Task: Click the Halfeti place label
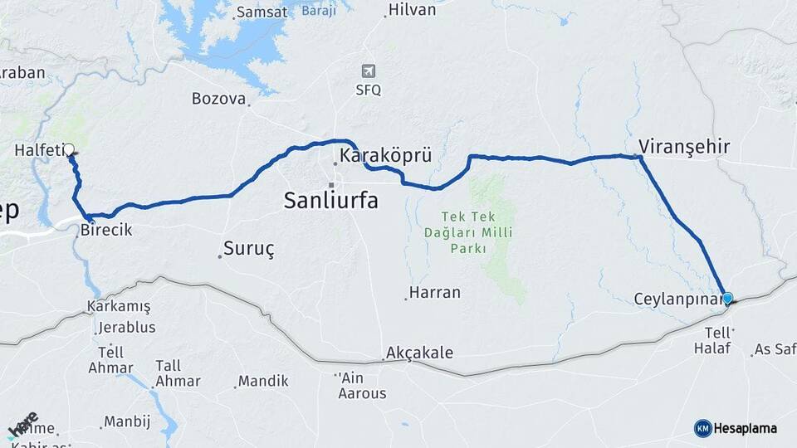38,150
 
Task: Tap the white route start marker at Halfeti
69,150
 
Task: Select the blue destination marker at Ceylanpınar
727,298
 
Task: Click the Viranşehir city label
684,147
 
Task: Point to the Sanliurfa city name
330,200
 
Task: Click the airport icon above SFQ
369,71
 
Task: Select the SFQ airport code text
369,90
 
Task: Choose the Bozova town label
218,99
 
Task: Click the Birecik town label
106,231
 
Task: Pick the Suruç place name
249,248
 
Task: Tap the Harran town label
434,293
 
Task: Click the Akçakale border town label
420,353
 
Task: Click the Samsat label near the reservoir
262,12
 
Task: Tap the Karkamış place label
119,307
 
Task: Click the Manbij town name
127,421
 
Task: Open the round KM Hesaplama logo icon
703,428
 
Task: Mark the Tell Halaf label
712,340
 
